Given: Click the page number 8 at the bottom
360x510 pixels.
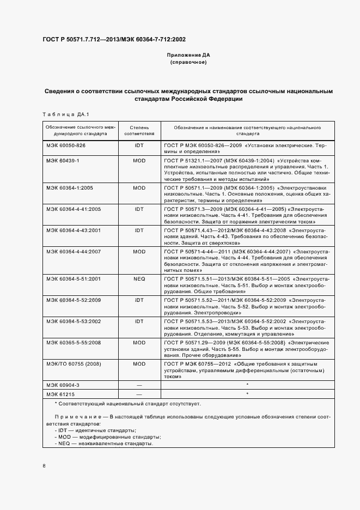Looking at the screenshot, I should coord(44,465).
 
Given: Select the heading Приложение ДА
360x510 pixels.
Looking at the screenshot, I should coord(188,56).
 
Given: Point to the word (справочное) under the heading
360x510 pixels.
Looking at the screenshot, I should coord(188,63).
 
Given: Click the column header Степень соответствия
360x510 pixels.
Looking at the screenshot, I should coord(139,130).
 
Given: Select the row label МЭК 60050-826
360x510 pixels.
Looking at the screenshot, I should coord(66,145).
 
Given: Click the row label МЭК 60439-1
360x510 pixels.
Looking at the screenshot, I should coord(63,161).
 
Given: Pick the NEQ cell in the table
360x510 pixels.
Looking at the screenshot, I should coord(139,278).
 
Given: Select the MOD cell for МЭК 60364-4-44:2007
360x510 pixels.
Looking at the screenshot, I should coord(139,252).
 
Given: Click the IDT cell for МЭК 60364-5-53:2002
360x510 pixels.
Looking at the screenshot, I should coord(139,321).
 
